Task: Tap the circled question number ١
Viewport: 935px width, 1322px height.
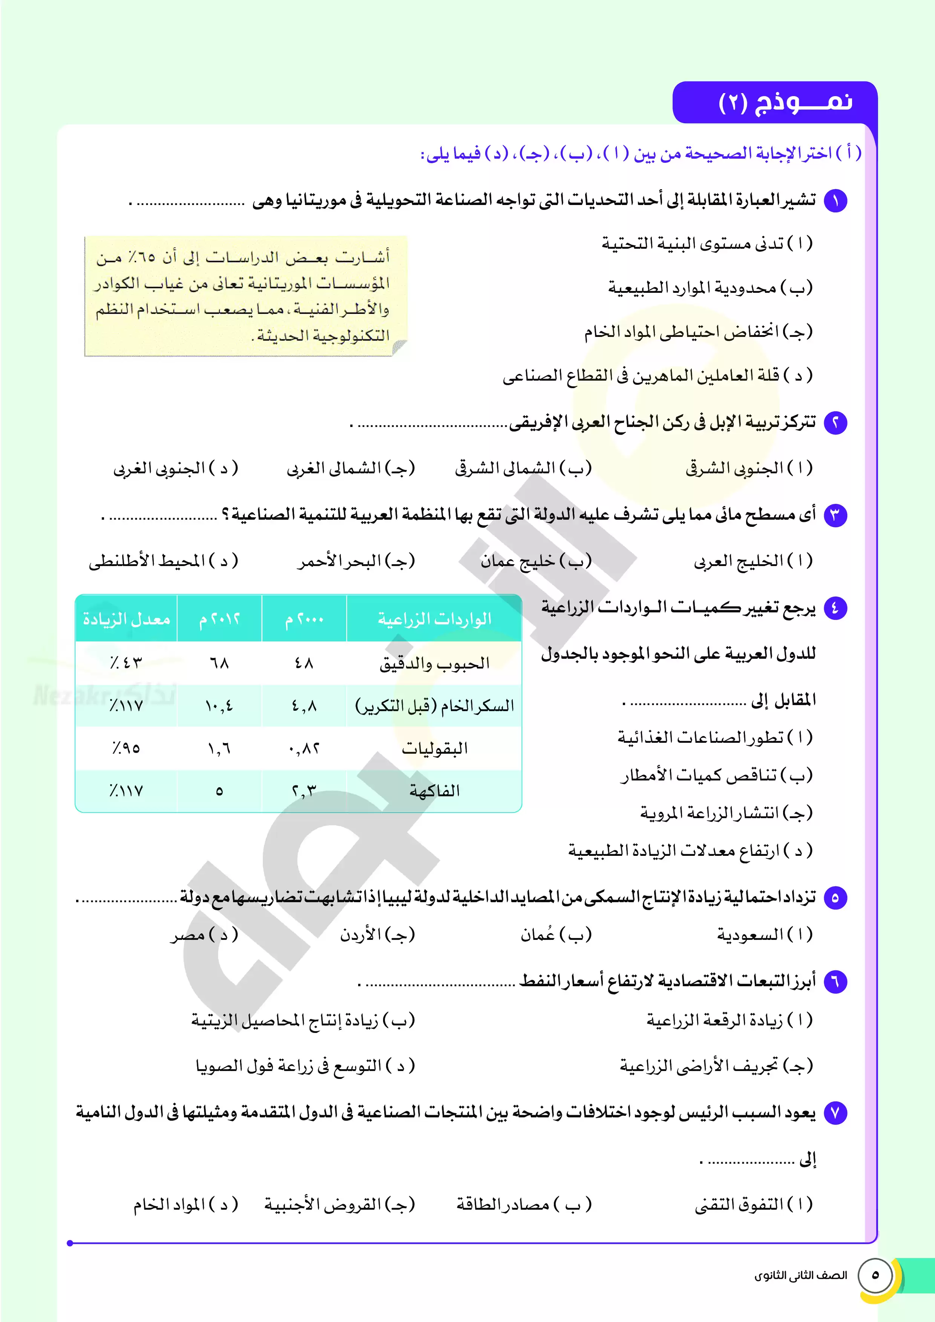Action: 835,201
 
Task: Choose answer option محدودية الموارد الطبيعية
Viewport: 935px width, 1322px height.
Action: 710,287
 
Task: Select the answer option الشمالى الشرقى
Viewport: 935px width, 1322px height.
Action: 523,468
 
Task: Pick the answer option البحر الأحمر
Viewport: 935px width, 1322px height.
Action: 356,561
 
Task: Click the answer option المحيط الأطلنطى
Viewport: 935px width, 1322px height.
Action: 163,561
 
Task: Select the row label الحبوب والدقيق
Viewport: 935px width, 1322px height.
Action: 434,663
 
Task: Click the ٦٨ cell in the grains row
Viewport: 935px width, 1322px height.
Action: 219,663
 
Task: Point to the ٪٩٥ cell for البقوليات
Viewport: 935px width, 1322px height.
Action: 126,748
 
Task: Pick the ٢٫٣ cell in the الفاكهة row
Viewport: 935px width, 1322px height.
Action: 304,791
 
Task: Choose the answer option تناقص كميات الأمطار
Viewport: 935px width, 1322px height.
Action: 716,776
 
